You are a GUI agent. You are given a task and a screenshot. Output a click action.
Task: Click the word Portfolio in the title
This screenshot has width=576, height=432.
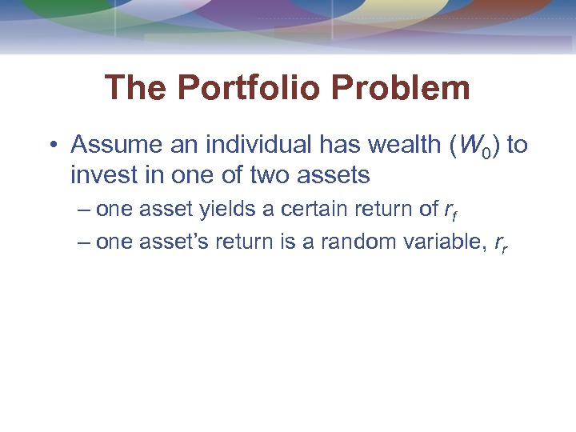coord(258,88)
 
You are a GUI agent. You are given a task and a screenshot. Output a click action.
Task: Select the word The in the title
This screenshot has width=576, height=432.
coord(134,88)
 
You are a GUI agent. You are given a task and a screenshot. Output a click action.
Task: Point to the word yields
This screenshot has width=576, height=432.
coord(219,210)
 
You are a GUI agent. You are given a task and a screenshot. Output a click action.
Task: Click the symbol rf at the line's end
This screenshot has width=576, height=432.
coord(450,211)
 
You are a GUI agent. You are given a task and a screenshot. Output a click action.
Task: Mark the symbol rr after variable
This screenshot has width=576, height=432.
coord(501,244)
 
